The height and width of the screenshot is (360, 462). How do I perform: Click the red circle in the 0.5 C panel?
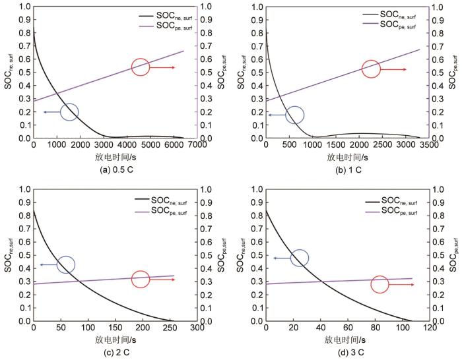[141, 67]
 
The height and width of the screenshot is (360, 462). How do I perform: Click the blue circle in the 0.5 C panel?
[69, 112]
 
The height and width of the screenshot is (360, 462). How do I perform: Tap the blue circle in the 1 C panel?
[295, 115]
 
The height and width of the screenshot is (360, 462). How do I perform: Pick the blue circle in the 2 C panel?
[66, 264]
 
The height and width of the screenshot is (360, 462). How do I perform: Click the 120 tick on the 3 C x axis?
[428, 328]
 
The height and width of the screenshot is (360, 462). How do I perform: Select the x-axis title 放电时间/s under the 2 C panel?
[115, 340]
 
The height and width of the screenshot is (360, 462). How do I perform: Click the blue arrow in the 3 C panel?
[281, 258]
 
